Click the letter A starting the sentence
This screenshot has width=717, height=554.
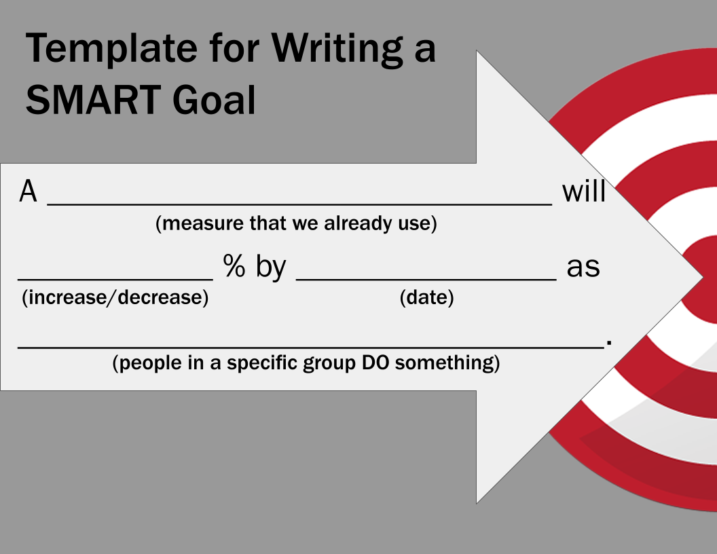pyautogui.click(x=28, y=192)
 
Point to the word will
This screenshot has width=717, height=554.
pyautogui.click(x=583, y=192)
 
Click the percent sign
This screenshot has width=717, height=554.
pyautogui.click(x=234, y=267)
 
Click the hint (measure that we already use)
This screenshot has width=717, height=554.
pyautogui.click(x=296, y=223)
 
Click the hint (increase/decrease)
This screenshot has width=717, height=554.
pyautogui.click(x=115, y=297)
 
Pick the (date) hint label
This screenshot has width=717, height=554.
pyautogui.click(x=426, y=297)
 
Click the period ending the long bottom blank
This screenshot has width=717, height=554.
pyautogui.click(x=609, y=344)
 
